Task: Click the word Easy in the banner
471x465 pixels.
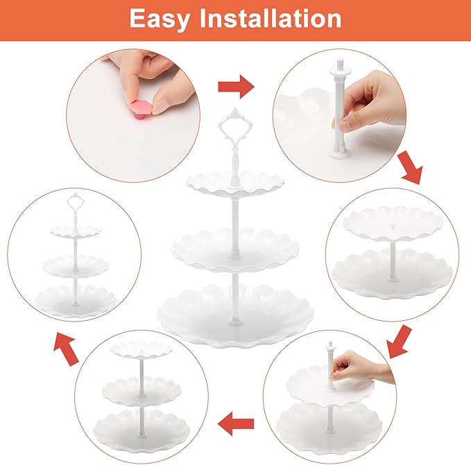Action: pos(160,19)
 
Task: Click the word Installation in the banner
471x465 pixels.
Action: pos(271,18)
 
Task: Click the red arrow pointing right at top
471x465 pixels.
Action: pos(236,87)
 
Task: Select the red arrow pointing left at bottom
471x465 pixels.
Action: pos(236,423)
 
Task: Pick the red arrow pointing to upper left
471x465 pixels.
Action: pos(66,349)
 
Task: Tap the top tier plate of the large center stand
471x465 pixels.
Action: pos(235,183)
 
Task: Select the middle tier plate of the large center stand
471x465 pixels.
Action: pos(236,249)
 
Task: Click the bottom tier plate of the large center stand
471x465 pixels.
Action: pos(235,315)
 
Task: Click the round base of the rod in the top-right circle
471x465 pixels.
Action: pos(339,153)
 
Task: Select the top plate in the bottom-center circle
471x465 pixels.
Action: pos(142,350)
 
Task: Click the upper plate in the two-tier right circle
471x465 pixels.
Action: pos(393,222)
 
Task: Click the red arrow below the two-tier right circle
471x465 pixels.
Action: pos(400,342)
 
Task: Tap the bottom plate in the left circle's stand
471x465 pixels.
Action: pos(76,300)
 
